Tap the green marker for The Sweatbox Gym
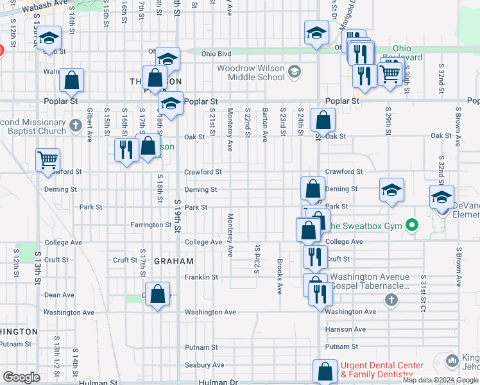pyautogui.click(x=412, y=225)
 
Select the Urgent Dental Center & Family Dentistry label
pyautogui.click(x=382, y=370)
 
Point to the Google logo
pyautogui.click(x=21, y=377)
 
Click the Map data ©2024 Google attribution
pyautogui.click(x=440, y=380)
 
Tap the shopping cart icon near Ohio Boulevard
pyautogui.click(x=390, y=74)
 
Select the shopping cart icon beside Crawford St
pyautogui.click(x=48, y=160)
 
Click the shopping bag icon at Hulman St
pyautogui.click(x=325, y=371)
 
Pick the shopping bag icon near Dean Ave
pyautogui.click(x=158, y=295)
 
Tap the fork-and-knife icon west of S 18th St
pyautogui.click(x=126, y=150)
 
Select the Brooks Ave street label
pyautogui.click(x=280, y=277)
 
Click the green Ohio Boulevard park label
pyautogui.click(x=402, y=53)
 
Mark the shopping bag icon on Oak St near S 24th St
pyautogui.click(x=322, y=119)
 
